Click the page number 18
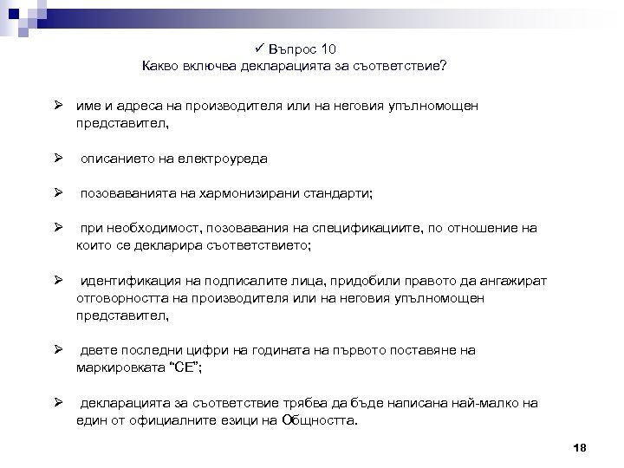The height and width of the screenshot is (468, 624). click(580, 447)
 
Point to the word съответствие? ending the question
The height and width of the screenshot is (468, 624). click(403, 65)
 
